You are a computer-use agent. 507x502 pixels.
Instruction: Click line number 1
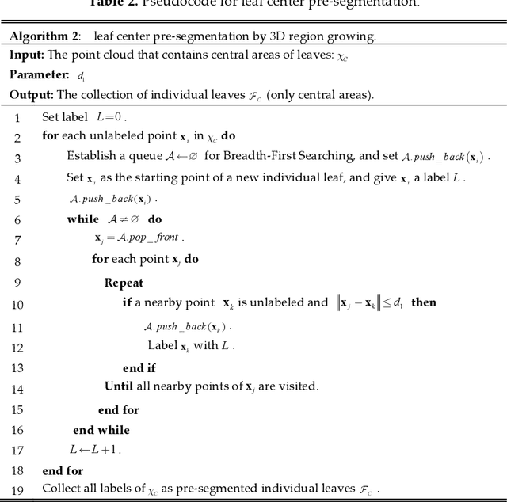pyautogui.click(x=17, y=117)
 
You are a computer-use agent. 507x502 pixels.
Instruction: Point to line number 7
pyautogui.click(x=17, y=238)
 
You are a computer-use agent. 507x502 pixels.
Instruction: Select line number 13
pyautogui.click(x=17, y=368)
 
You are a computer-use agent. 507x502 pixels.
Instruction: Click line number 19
pyautogui.click(x=17, y=489)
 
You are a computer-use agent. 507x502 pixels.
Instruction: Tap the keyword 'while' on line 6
pyautogui.click(x=83, y=219)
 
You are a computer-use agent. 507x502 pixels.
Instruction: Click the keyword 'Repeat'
pyautogui.click(x=124, y=283)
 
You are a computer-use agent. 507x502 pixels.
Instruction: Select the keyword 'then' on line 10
pyautogui.click(x=424, y=302)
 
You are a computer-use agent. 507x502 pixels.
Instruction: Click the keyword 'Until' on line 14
pyautogui.click(x=119, y=386)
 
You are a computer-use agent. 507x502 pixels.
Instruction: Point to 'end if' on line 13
pyautogui.click(x=139, y=368)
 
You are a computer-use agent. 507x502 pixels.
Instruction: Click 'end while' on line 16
pyautogui.click(x=101, y=430)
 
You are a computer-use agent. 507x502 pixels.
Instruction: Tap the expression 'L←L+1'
pyautogui.click(x=97, y=450)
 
